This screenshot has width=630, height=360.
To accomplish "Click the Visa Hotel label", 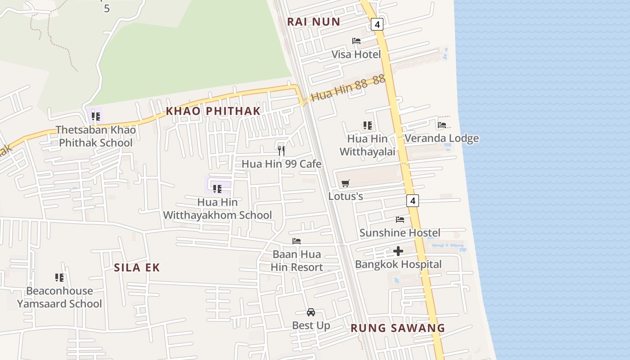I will (356, 54).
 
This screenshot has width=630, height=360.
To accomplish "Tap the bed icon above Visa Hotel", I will (356, 41).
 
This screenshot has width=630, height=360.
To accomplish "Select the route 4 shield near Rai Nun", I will (377, 24).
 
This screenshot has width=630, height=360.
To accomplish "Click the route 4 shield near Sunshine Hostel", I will (413, 200).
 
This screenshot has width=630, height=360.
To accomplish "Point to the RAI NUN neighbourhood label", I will (314, 22).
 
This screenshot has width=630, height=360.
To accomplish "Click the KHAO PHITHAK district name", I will (213, 111).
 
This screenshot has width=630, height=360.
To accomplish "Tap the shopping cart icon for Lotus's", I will (345, 183).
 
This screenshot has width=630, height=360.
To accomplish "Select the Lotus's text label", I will (346, 196).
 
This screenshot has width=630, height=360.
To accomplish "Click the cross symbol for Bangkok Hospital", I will (398, 251).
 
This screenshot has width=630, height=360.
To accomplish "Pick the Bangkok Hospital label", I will (398, 264).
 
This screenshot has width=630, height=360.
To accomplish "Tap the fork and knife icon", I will (281, 150).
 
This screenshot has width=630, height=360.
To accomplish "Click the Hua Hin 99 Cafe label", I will (281, 164).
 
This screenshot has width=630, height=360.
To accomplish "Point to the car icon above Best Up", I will (310, 312).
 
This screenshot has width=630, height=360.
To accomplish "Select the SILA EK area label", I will (137, 267).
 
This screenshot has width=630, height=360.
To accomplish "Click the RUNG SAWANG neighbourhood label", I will (398, 328).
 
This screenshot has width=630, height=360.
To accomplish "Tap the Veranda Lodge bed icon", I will (441, 125).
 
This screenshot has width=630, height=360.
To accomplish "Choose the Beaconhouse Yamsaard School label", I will (59, 297).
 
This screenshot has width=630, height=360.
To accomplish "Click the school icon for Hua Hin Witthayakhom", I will (217, 189).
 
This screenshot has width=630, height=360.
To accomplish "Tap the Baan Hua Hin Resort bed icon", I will (297, 241).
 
